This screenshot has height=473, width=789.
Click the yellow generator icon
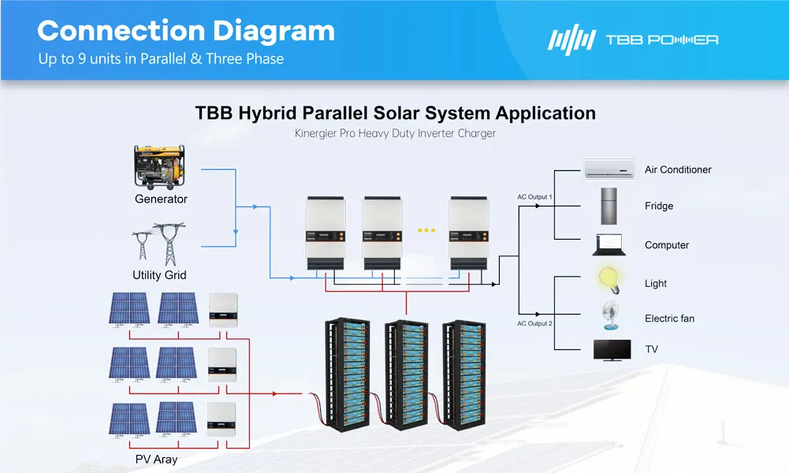pyautogui.click(x=161, y=166)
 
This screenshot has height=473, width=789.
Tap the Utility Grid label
pyautogui.click(x=159, y=275)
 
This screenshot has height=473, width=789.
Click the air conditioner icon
pyautogui.click(x=608, y=169)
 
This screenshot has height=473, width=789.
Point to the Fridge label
pyautogui.click(x=659, y=206)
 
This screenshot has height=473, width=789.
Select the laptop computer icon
pyautogui.click(x=609, y=244)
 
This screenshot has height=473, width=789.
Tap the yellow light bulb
pyautogui.click(x=608, y=280)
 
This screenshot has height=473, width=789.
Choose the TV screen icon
pyautogui.click(x=612, y=350)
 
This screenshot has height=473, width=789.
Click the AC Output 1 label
pyautogui.click(x=534, y=196)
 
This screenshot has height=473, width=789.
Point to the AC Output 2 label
pyautogui.click(x=534, y=323)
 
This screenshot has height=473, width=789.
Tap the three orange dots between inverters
pyautogui.click(x=426, y=230)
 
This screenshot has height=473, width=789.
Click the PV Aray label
pyautogui.click(x=156, y=459)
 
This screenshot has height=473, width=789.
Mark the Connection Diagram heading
pyautogui.click(x=186, y=31)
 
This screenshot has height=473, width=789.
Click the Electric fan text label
pyautogui.click(x=669, y=318)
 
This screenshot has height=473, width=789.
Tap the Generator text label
pyautogui.click(x=161, y=199)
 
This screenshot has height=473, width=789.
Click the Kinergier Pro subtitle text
pyautogui.click(x=395, y=133)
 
